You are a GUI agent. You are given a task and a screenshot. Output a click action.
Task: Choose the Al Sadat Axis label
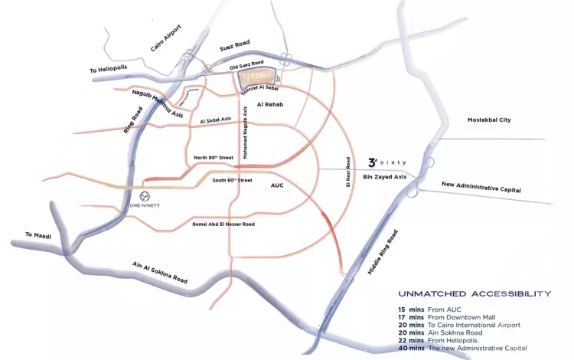[x=215, y=121]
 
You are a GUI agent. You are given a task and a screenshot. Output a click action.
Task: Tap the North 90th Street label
[x=214, y=157]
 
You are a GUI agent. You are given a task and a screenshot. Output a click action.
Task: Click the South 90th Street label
[x=232, y=181]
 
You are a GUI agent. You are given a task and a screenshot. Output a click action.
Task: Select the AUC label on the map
[x=277, y=185]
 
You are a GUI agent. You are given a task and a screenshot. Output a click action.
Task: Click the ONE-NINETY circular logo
[x=135, y=196]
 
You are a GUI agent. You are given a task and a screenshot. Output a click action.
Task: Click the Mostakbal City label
[x=489, y=120]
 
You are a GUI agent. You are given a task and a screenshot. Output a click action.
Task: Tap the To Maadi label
[x=38, y=235]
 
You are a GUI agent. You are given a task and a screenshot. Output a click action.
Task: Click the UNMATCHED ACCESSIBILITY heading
[x=474, y=293]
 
